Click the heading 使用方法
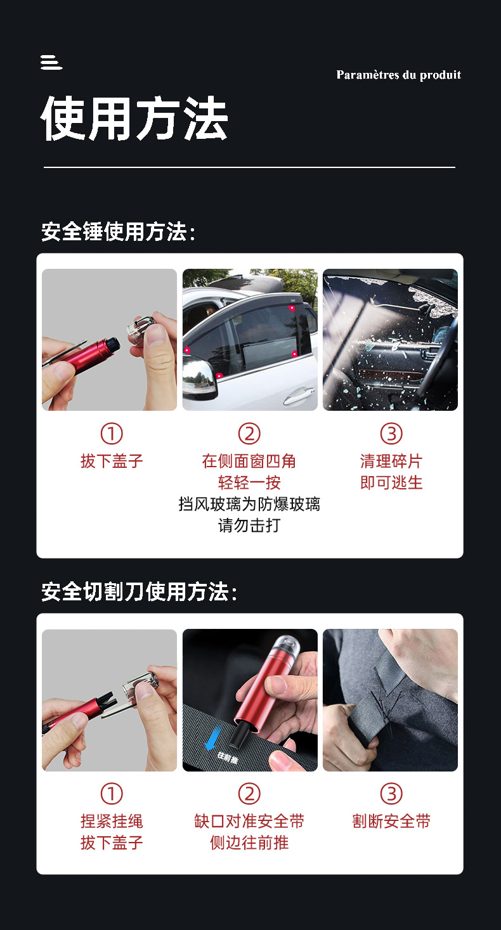point(134,119)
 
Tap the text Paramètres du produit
point(398,75)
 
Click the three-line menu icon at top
point(51,62)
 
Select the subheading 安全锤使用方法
point(118,232)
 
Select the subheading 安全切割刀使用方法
point(139,592)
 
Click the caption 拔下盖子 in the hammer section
point(112,461)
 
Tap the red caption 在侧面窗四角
point(249,461)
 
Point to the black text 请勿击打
point(249,526)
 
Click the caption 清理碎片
point(391,461)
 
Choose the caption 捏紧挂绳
point(112,821)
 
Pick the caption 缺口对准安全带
point(249,821)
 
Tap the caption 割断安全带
point(391,821)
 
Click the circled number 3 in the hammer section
point(391,434)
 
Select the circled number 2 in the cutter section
point(249,794)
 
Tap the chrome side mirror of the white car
point(199,379)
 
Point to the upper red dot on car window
point(292,308)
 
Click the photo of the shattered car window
point(390,339)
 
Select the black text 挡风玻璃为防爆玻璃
point(249,504)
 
